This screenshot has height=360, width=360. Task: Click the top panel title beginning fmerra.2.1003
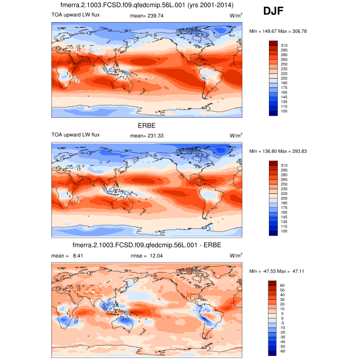point(148,5)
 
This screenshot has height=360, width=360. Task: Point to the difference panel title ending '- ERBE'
point(147,245)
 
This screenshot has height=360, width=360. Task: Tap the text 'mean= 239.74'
point(147,16)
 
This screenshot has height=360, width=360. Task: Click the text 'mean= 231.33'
point(147,135)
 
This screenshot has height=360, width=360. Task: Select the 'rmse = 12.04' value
point(147,255)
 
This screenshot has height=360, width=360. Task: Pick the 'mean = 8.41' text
point(64,255)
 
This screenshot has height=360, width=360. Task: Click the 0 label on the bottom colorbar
point(282,318)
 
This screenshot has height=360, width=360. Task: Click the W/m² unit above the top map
point(236,16)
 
